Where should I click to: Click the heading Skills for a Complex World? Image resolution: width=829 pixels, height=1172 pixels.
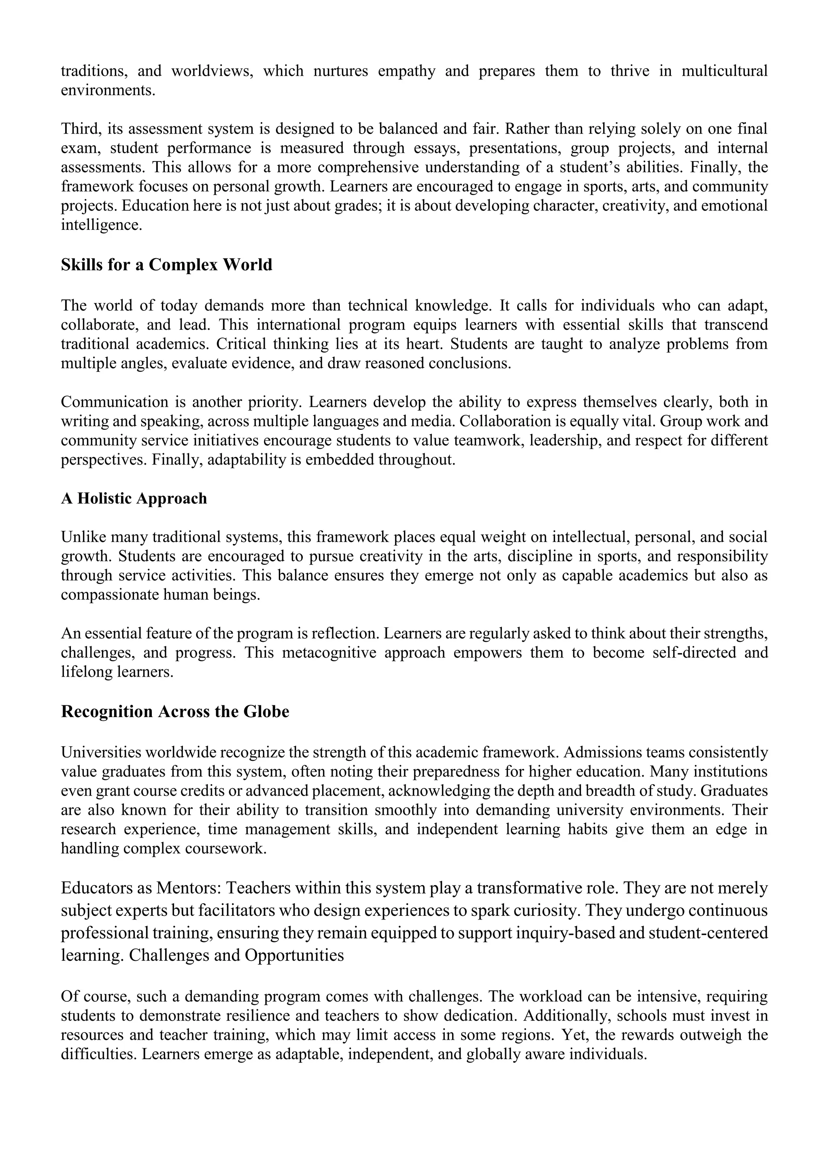pos(166,265)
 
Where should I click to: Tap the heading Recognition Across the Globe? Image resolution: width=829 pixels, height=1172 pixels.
pos(175,711)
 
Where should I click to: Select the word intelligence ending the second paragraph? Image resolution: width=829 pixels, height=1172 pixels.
pos(101,225)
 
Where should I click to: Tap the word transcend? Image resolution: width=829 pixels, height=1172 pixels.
pos(735,325)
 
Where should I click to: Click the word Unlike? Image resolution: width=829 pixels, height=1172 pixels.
pos(83,537)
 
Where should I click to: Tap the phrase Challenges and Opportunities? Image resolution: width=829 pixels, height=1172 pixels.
pos(236,955)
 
